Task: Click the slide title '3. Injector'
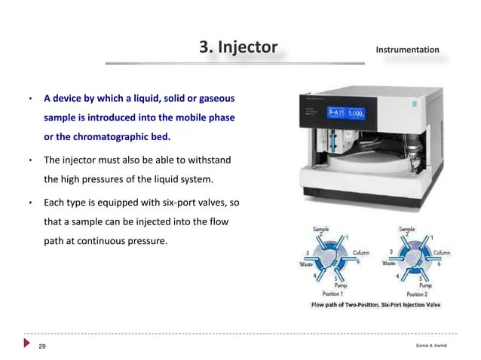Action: click(238, 48)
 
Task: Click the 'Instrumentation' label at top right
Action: click(407, 50)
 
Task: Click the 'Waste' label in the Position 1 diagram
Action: click(307, 264)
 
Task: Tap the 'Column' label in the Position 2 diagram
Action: click(441, 253)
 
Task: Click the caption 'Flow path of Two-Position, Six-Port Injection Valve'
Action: click(376, 305)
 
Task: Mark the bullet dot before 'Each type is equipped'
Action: click(29, 204)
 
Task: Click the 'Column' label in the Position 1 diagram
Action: click(360, 253)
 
